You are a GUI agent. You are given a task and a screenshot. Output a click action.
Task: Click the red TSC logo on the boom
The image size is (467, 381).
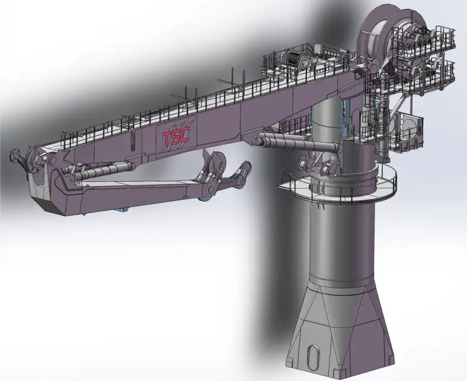(176, 137)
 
